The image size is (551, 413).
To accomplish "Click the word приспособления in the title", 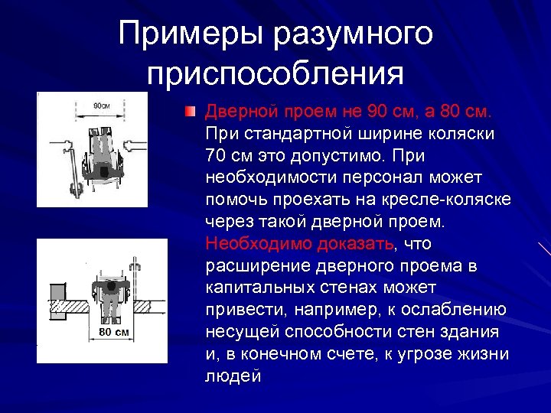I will point(275,73).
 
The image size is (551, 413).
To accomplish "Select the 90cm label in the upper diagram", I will point(99,106).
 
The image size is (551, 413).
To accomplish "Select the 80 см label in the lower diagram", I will point(114,332).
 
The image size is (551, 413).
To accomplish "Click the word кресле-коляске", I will point(452,200).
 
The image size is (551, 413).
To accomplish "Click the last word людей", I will point(233,376).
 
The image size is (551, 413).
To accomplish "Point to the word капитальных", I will point(260,288).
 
